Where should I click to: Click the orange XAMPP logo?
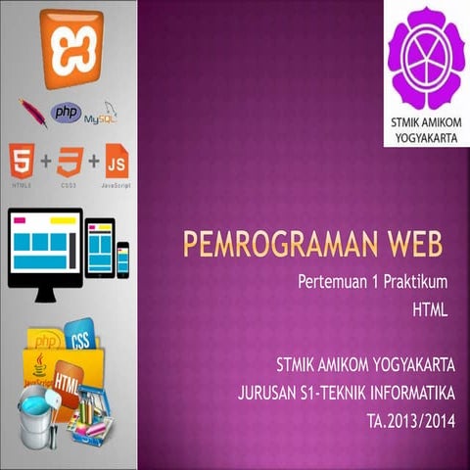coord(68,36)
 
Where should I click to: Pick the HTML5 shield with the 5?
coord(22,162)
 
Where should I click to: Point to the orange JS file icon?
coord(116,162)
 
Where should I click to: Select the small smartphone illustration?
coord(123,258)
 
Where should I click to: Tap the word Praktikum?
coord(414,283)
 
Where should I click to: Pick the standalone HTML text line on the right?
coord(429,312)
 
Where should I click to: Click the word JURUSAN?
coord(267,395)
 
